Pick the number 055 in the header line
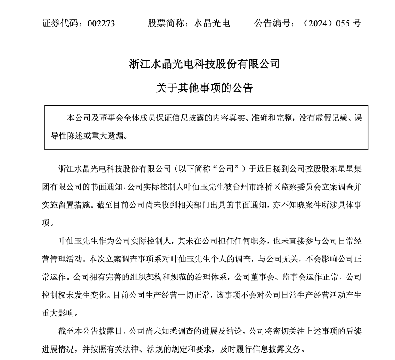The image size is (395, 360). point(344,23)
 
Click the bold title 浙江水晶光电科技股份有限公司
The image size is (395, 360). point(205,64)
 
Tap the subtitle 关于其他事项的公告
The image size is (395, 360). point(205,88)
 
